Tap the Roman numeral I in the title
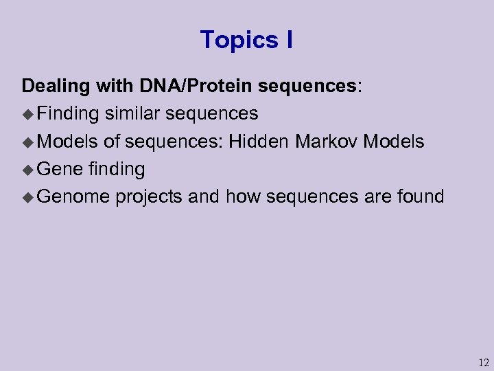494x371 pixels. pos(289,41)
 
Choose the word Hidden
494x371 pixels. pos(259,142)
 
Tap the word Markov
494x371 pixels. pos(327,142)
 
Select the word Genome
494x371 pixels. pos(73,197)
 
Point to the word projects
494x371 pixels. pos(149,197)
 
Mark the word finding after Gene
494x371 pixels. pos(117,169)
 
